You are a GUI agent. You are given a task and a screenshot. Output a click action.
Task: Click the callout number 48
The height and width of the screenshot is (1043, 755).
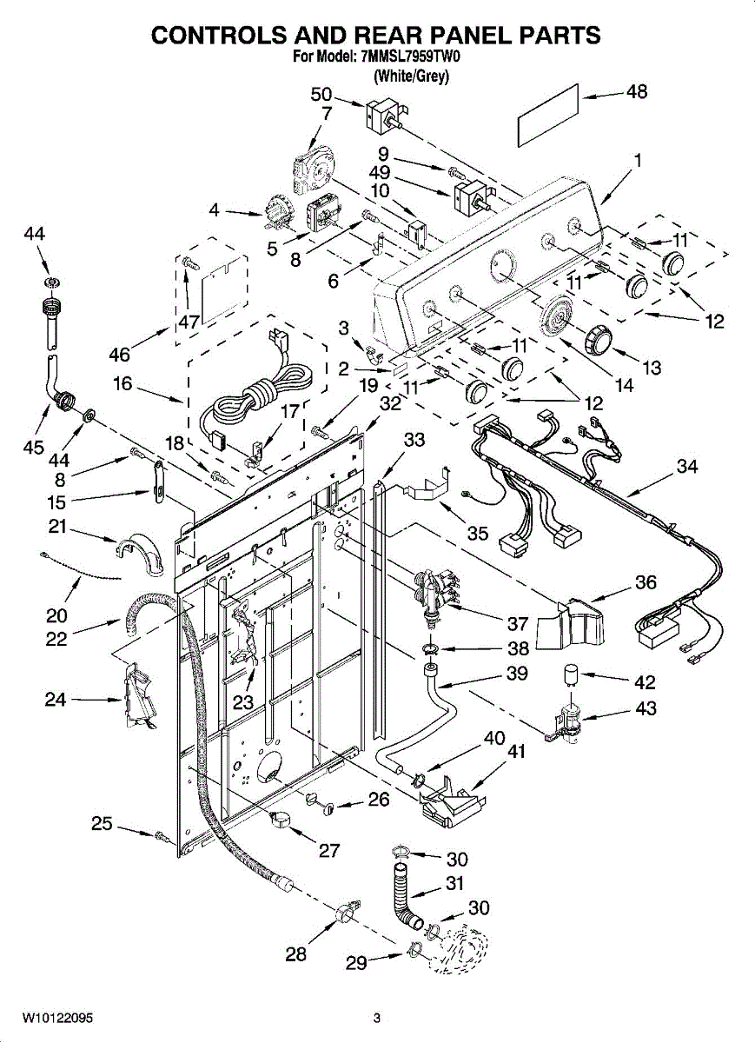[637, 91]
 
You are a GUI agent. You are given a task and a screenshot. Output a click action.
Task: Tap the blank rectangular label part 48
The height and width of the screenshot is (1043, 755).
[549, 116]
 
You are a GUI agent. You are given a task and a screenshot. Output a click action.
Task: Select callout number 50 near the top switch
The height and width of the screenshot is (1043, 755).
[321, 95]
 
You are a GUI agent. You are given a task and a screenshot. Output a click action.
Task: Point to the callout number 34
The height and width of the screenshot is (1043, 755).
[687, 466]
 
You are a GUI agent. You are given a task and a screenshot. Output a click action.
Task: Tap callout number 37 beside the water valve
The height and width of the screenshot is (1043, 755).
[518, 623]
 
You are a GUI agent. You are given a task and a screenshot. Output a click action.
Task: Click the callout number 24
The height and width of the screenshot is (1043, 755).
[56, 699]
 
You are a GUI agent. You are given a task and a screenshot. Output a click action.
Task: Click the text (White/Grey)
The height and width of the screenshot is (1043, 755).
[412, 76]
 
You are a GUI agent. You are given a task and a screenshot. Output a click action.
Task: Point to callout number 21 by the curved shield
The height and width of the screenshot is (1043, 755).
[57, 527]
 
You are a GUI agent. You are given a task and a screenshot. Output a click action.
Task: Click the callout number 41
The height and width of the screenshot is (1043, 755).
[513, 751]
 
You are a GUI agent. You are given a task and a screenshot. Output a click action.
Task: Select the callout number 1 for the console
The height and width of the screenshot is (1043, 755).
[637, 161]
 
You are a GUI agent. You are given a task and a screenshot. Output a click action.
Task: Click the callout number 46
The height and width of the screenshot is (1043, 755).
[120, 355]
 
